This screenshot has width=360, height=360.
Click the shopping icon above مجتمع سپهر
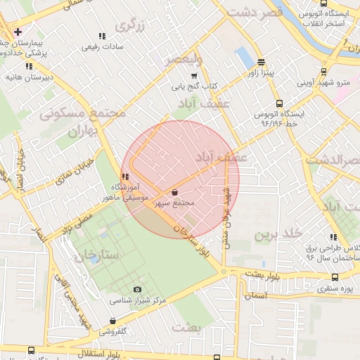click(174, 192)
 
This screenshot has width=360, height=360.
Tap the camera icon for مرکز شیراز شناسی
click(137, 289)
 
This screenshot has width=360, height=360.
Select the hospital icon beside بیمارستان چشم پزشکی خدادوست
click(17, 32)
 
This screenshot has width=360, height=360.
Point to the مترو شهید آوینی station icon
click(323, 70)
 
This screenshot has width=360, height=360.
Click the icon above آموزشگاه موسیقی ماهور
click(124, 176)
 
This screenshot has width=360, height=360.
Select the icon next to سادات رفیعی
click(102, 36)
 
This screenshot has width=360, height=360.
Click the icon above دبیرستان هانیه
click(29, 66)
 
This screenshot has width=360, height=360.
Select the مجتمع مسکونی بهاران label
click(82, 120)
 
